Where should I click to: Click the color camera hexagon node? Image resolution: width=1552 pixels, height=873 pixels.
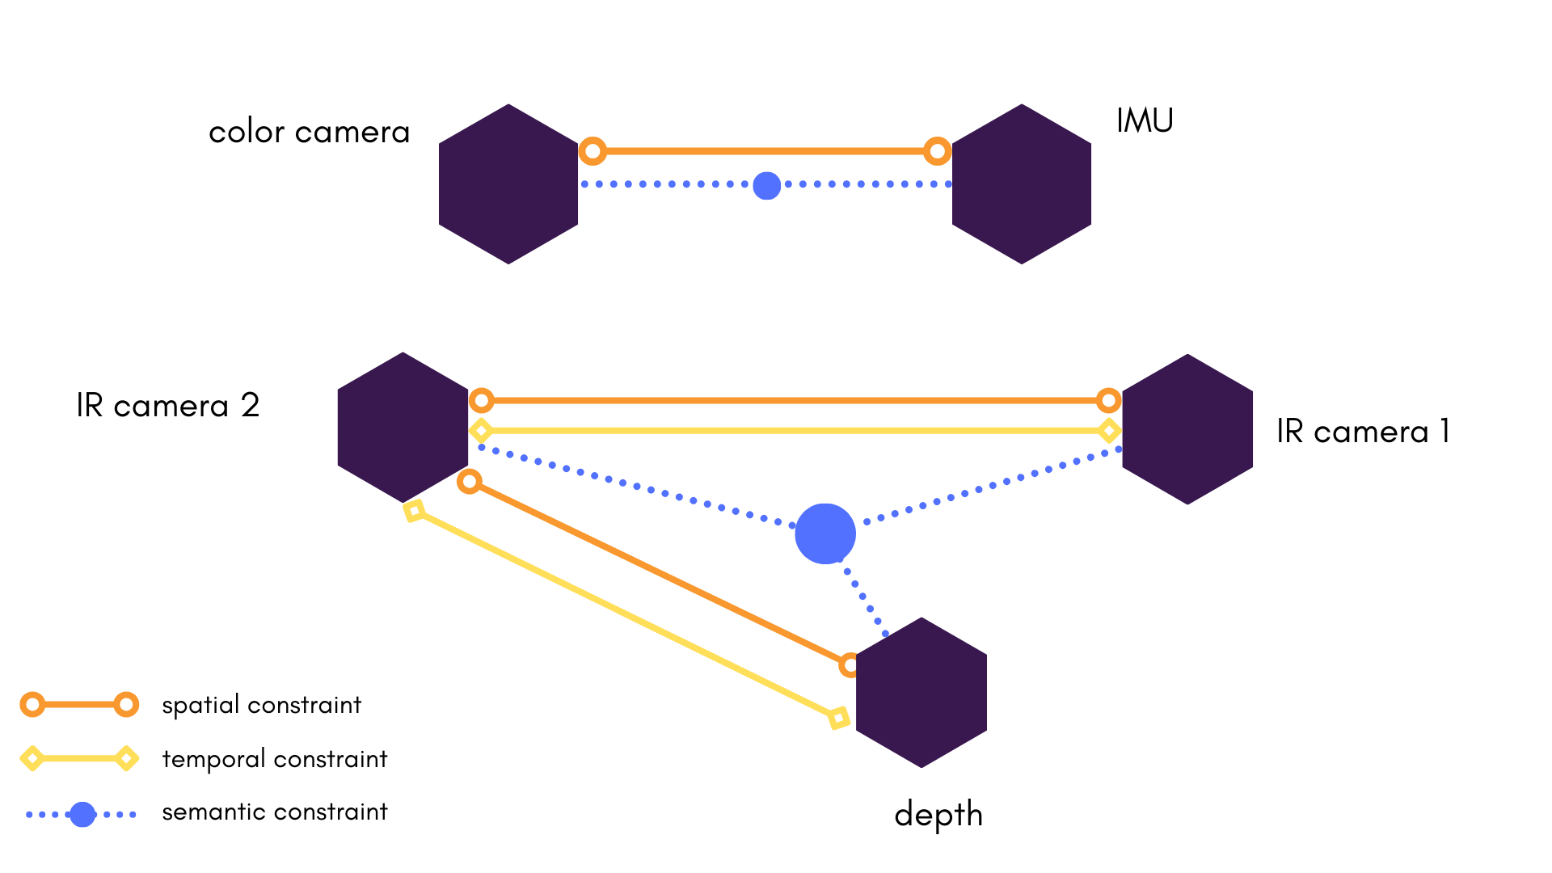tap(508, 184)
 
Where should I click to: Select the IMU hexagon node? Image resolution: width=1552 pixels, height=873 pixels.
tap(1022, 184)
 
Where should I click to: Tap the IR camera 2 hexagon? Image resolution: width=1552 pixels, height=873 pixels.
tap(403, 428)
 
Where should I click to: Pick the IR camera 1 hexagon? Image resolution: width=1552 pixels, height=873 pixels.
tap(1187, 429)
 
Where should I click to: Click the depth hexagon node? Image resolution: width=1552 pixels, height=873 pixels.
tap(921, 693)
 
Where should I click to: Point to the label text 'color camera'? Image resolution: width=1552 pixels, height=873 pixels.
tap(310, 132)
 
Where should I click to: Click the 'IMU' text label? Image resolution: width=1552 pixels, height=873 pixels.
tap(1145, 120)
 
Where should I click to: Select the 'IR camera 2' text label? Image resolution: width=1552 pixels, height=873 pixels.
tap(168, 405)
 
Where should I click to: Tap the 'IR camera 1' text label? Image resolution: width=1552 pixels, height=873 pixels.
tap(1363, 431)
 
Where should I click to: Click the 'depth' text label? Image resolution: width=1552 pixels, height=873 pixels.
tap(938, 815)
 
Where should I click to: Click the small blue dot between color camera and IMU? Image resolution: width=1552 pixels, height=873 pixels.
tap(766, 185)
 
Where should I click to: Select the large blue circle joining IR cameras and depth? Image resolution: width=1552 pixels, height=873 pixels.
tap(825, 534)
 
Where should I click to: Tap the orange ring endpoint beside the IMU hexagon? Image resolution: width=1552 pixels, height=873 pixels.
tap(937, 150)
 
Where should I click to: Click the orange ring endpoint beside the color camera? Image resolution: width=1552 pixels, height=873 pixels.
tap(593, 150)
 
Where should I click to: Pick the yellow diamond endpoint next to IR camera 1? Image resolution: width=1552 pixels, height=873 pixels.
tap(1110, 431)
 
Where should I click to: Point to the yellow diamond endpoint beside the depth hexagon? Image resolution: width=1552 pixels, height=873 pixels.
tap(839, 718)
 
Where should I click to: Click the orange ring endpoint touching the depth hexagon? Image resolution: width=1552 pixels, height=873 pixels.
tap(850, 665)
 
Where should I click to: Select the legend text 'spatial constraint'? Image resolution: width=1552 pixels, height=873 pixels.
tap(261, 705)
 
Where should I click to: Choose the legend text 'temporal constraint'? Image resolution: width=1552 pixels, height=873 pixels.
tap(275, 759)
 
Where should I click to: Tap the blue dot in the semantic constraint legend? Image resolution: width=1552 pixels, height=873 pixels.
tap(82, 815)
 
